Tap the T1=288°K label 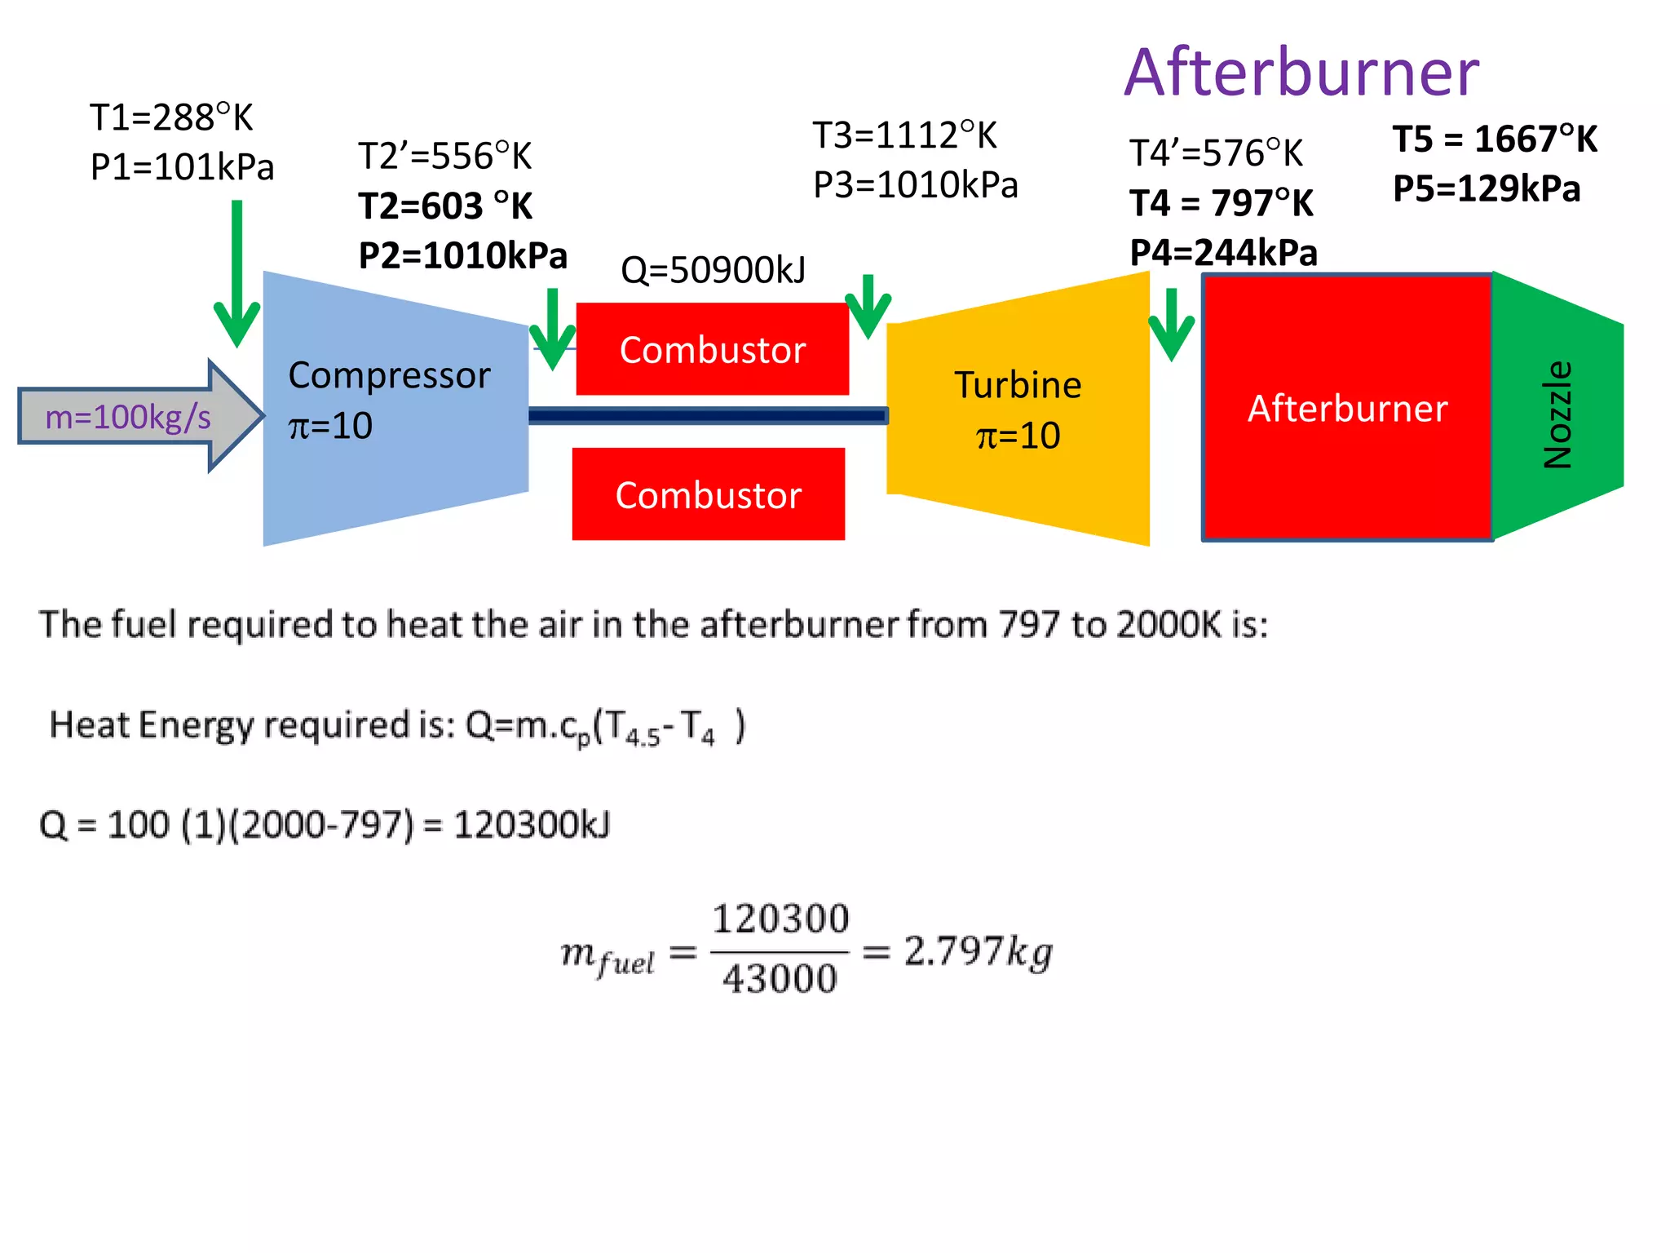[x=171, y=117]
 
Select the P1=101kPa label [x=182, y=167]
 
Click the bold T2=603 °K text [x=445, y=206]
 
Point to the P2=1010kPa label [x=462, y=255]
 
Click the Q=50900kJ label [x=713, y=270]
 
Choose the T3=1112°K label [x=904, y=135]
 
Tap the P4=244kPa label [x=1223, y=253]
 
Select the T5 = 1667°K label [x=1495, y=139]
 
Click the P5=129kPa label [x=1487, y=188]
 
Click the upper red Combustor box [x=712, y=349]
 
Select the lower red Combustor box [x=708, y=494]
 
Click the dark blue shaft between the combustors [x=708, y=416]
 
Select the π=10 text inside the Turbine [x=1018, y=436]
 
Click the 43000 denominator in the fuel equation [x=780, y=978]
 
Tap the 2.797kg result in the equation [x=978, y=951]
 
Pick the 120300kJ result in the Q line [x=531, y=825]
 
